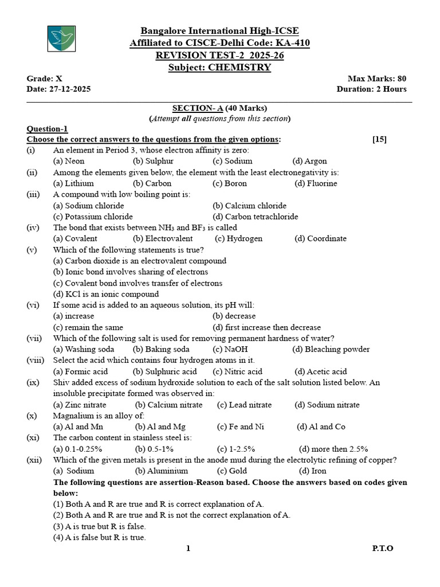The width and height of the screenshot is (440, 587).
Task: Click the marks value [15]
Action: [x=379, y=139]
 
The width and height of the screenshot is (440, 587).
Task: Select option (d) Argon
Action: [x=309, y=162]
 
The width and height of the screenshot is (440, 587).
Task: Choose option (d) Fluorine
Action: [x=316, y=183]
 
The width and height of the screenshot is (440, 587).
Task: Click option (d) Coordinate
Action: [x=320, y=238]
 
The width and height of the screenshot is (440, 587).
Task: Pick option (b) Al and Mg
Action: [x=160, y=426]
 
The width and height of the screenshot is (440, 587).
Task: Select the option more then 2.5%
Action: [x=333, y=449]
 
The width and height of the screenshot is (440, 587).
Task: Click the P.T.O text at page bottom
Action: [x=383, y=549]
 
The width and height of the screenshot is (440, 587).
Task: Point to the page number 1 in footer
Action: [x=188, y=549]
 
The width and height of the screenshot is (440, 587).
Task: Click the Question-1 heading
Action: [x=47, y=129]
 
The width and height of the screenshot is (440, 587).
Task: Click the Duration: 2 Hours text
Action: [x=371, y=89]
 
